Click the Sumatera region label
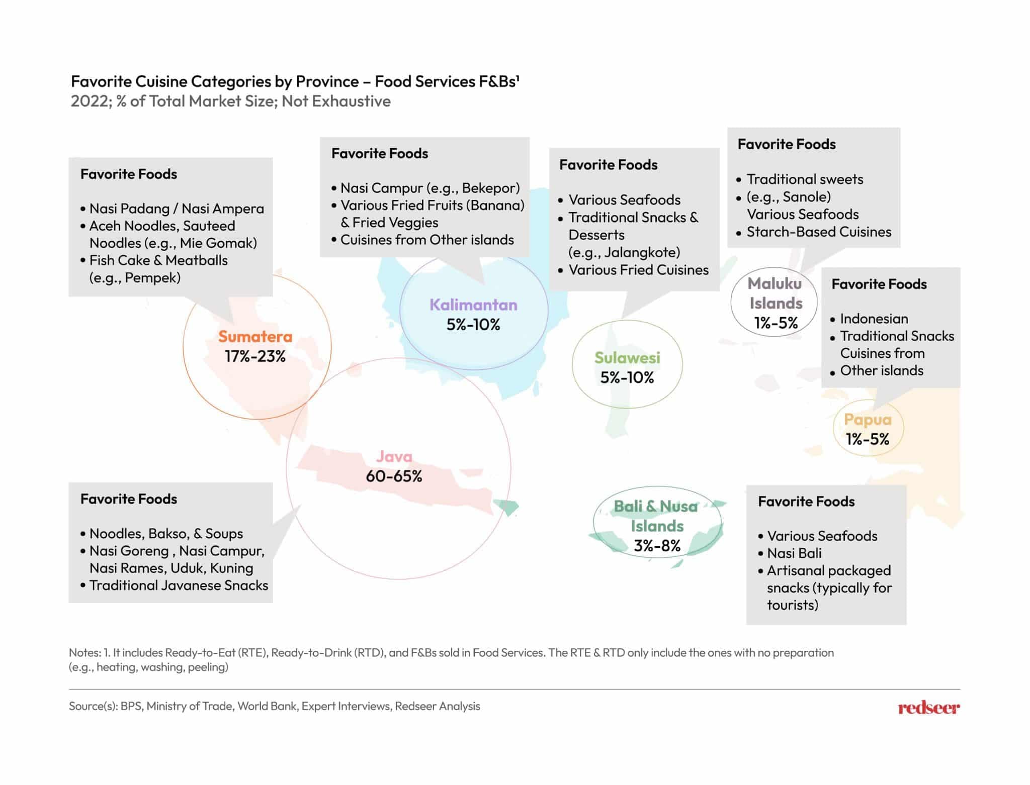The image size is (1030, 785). (x=255, y=336)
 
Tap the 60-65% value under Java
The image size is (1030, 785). (x=394, y=476)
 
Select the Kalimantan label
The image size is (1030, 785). (x=473, y=305)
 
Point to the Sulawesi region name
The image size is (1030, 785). (x=627, y=357)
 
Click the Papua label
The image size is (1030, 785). (x=868, y=419)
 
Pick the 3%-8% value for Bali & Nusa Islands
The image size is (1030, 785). (x=657, y=545)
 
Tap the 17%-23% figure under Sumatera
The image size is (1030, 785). (x=255, y=356)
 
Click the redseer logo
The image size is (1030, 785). (x=928, y=708)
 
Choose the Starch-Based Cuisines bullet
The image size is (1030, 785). (x=819, y=232)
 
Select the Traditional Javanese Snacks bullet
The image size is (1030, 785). (x=179, y=585)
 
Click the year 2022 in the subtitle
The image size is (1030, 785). (x=90, y=101)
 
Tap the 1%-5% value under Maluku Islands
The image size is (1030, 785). (x=776, y=323)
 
